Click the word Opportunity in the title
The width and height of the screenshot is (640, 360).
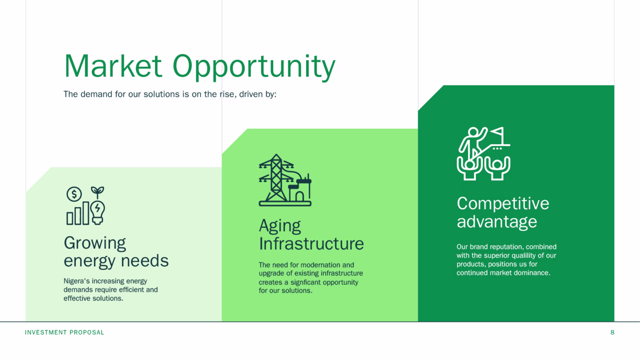[254, 67]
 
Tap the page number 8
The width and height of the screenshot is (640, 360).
[612, 333]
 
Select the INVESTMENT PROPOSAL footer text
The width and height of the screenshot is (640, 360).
[64, 333]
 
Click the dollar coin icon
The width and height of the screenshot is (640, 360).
[74, 194]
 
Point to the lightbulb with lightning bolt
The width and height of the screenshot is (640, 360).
[98, 213]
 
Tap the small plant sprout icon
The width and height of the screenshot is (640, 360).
[98, 192]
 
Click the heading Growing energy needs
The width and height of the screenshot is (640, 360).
[116, 252]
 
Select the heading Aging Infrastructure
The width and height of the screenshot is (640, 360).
[311, 235]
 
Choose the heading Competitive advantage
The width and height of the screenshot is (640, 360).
[503, 212]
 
